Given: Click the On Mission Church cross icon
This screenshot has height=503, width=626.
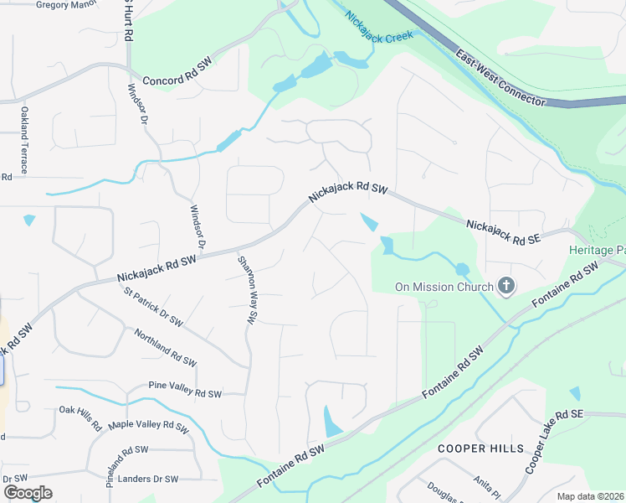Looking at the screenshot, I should point(505,288).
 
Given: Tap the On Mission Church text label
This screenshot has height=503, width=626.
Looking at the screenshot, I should point(444,288).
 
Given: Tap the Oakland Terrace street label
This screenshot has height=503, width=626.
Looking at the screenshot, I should point(25,140).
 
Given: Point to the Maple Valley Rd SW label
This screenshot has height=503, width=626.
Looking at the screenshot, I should point(147,426).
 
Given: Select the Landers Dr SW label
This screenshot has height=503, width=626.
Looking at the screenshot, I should point(150,480).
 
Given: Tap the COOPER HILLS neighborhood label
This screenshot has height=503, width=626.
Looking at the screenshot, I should point(480,449).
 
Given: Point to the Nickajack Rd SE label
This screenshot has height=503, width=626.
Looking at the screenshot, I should point(504,231).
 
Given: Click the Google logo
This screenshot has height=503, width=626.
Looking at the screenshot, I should point(28,493).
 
